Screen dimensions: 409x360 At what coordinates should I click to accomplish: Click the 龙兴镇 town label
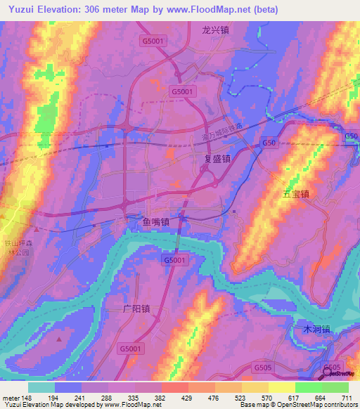click(x=216, y=30)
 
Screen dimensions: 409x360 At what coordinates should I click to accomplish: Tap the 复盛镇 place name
click(x=217, y=159)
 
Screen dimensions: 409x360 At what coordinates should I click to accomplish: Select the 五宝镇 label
click(x=296, y=193)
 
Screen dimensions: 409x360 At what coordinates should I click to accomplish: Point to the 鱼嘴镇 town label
click(x=151, y=223)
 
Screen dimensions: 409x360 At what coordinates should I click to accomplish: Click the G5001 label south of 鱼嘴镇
click(x=176, y=260)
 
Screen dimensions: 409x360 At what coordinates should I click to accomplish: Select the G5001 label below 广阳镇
click(x=131, y=348)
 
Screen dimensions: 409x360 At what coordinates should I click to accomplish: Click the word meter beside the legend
click(x=11, y=397)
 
